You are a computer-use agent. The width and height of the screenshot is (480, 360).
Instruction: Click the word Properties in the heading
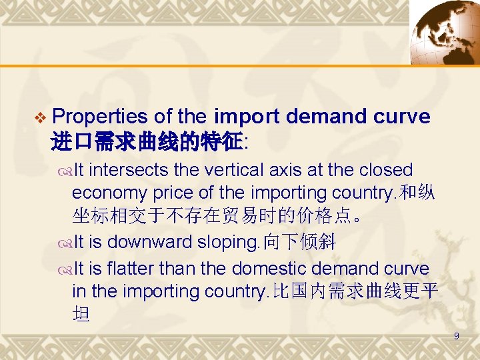[x=99, y=117]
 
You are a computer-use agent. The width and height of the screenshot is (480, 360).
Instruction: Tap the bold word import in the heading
[x=247, y=117]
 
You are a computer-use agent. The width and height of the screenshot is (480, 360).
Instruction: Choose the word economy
[x=111, y=193]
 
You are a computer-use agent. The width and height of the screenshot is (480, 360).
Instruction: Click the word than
[x=204, y=268]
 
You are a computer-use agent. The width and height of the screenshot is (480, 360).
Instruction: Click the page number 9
[x=456, y=337]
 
